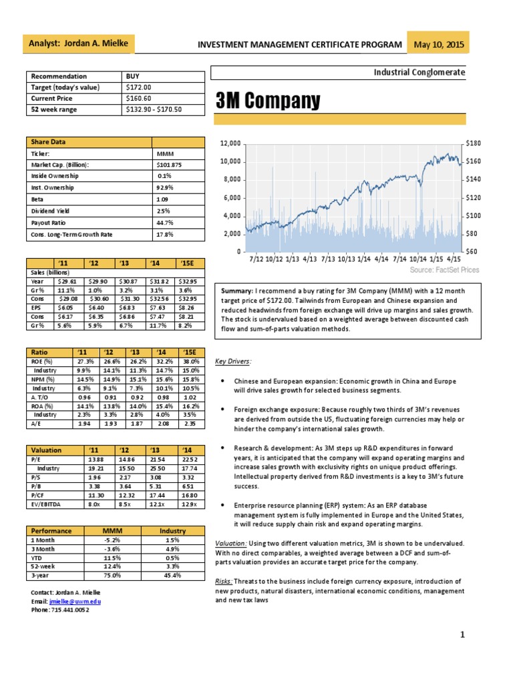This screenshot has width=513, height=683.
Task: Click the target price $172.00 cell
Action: coord(139,87)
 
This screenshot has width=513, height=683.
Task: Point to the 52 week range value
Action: coord(154,109)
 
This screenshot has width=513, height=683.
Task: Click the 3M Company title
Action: coord(267,101)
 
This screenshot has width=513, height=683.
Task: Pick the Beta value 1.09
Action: coord(162,199)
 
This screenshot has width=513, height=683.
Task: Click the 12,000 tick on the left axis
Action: coord(230,143)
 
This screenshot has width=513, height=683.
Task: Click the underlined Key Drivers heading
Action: coord(233,361)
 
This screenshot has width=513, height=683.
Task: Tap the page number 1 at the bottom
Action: coord(462,634)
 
